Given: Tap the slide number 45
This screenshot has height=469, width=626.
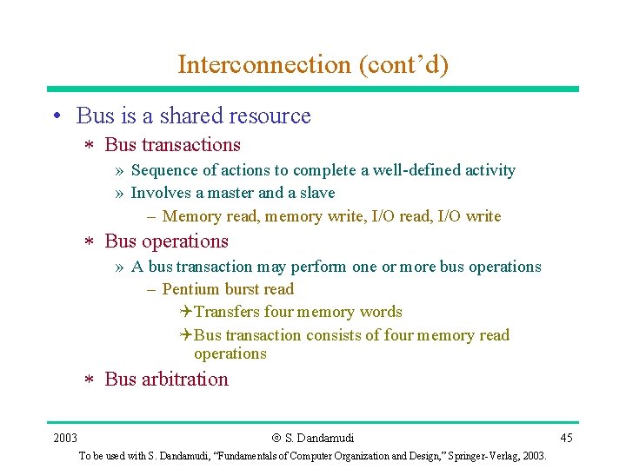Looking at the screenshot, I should tap(566, 437).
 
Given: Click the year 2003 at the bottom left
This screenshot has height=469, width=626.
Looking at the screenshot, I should tap(64, 437).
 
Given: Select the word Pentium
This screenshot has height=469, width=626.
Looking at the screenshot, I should tap(191, 289).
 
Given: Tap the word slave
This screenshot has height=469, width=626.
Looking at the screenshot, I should tap(316, 193).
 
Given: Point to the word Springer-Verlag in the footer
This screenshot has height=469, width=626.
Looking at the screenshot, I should tap(477, 456).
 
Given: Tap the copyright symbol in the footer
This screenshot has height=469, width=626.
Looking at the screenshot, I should tap(276, 438).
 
